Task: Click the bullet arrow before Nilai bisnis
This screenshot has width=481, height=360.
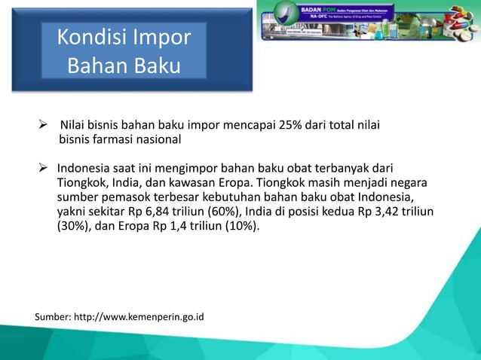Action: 44,125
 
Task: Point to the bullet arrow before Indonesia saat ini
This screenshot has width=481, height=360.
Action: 44,167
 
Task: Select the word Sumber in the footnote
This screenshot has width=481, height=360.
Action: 52,316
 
